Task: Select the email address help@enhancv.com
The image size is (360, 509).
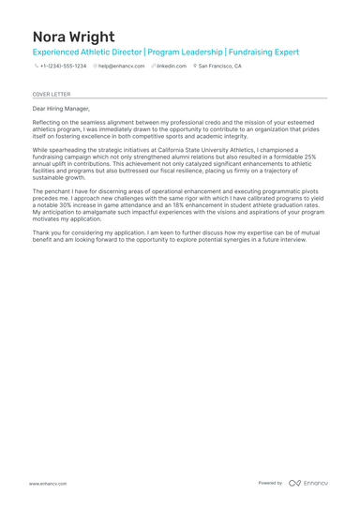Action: pyautogui.click(x=122, y=67)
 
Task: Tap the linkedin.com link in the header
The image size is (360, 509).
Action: pyautogui.click(x=172, y=67)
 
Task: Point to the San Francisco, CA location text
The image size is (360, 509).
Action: pyautogui.click(x=219, y=67)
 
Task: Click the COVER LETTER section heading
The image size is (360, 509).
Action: pyautogui.click(x=51, y=95)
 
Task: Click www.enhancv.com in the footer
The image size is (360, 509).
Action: pyautogui.click(x=48, y=483)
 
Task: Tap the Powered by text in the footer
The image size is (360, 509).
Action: pyautogui.click(x=270, y=483)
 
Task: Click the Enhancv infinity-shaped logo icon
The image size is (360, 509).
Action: pyautogui.click(x=294, y=483)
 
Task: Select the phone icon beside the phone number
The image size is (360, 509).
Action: pyautogui.click(x=36, y=67)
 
